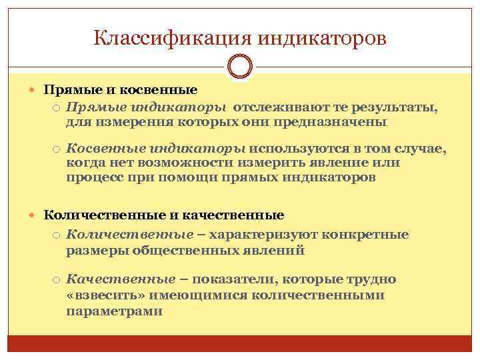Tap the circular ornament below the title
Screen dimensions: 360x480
coord(240,67)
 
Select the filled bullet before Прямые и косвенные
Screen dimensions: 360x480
coord(36,89)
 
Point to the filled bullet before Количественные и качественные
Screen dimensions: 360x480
coord(36,215)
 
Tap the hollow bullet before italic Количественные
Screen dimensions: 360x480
coord(58,235)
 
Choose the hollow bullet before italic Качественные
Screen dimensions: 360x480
coord(58,279)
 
